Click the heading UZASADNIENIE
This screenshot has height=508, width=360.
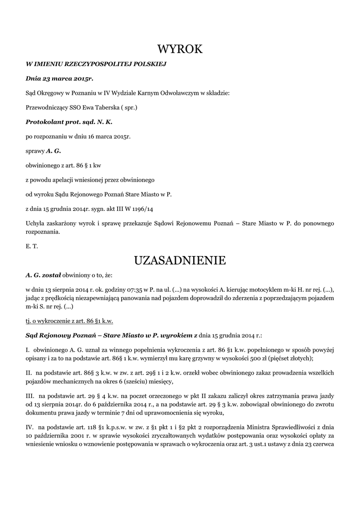pos(180,260)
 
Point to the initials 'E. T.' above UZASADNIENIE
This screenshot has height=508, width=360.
pos(31,246)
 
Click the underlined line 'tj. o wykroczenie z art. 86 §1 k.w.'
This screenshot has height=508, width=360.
pos(69,321)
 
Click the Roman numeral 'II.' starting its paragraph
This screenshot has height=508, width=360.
pos(29,372)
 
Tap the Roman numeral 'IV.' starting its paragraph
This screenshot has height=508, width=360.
pos(29,426)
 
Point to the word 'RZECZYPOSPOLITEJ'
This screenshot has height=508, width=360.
pos(95,64)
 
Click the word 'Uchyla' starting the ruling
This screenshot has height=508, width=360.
pos(35,223)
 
